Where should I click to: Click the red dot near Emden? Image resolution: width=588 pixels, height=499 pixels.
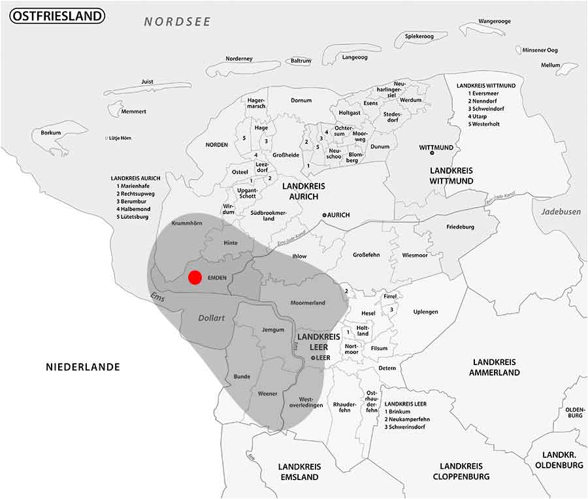(x=195, y=278)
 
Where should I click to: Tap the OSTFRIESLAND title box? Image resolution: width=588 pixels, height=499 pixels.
(x=57, y=16)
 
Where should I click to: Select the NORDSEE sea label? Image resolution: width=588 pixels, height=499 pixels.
(x=178, y=22)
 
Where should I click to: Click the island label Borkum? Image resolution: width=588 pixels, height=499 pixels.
(x=50, y=133)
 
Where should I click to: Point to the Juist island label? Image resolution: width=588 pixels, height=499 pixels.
(x=147, y=82)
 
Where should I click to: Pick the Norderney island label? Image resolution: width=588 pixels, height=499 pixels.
(x=239, y=59)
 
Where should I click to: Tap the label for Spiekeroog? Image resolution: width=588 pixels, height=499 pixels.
(x=419, y=37)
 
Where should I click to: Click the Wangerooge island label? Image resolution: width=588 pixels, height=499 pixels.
(x=495, y=22)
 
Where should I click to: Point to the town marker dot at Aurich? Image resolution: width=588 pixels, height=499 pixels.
(x=324, y=215)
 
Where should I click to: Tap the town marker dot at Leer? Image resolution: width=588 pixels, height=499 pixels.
(x=313, y=358)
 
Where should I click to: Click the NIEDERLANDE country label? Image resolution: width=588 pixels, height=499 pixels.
(x=83, y=367)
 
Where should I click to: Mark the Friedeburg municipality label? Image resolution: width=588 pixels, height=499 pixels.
(x=460, y=227)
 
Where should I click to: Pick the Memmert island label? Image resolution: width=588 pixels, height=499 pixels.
(x=134, y=112)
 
